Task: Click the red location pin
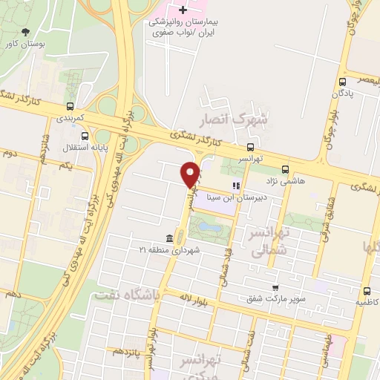click(191, 174)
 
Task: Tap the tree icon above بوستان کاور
click(27, 31)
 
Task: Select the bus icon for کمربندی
click(69, 105)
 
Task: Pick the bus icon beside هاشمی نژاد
click(286, 169)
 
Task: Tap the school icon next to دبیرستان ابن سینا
click(236, 186)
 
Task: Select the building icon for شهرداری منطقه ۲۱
click(169, 238)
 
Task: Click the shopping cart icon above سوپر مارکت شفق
click(275, 287)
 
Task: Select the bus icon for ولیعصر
click(342, 82)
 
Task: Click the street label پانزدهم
click(125, 350)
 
